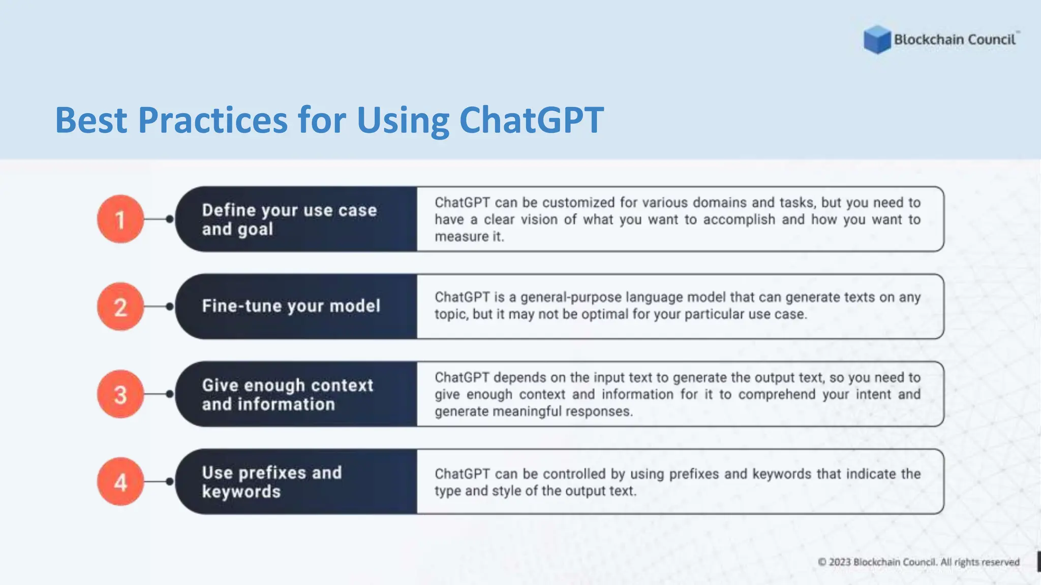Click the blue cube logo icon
tap(877, 40)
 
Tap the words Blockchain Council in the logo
tap(955, 40)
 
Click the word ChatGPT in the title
tap(531, 120)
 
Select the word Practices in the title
tap(213, 120)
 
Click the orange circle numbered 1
tap(120, 219)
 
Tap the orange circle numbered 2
tap(120, 307)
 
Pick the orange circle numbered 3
tap(120, 395)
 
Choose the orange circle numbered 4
tap(120, 482)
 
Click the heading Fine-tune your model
tap(291, 306)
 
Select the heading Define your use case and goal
tap(289, 219)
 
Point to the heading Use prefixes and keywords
tap(271, 482)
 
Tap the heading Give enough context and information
tap(287, 395)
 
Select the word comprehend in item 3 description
tap(777, 395)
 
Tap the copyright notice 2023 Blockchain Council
tap(918, 562)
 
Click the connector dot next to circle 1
tap(170, 219)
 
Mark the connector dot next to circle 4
tap(170, 481)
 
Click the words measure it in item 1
tap(469, 237)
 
